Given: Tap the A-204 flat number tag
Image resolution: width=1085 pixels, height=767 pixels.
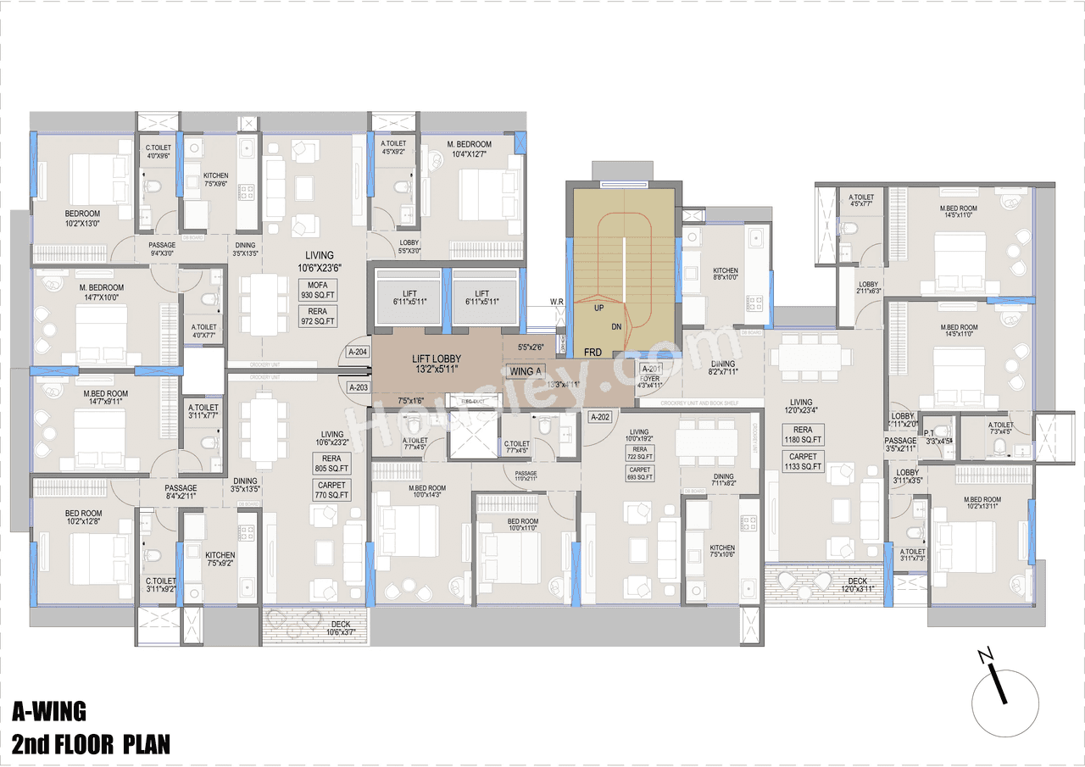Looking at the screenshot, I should click(359, 352).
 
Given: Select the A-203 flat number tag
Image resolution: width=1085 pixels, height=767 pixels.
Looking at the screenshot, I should click(359, 387).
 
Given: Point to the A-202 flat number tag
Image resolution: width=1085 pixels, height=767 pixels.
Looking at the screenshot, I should click(600, 417).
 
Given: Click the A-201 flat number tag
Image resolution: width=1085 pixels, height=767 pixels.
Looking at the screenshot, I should click(651, 369).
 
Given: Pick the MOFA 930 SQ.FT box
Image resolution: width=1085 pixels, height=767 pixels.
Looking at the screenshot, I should click(318, 290).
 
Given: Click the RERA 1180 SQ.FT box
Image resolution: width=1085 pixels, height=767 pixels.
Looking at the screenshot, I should click(803, 435).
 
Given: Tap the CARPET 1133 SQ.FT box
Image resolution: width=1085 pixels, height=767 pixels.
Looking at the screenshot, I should click(803, 462).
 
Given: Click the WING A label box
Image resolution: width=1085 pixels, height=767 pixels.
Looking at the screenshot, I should click(522, 371).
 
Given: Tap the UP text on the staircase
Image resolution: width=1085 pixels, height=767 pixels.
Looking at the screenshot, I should click(598, 308).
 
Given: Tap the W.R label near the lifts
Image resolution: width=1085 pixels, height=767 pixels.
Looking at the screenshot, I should click(557, 301).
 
